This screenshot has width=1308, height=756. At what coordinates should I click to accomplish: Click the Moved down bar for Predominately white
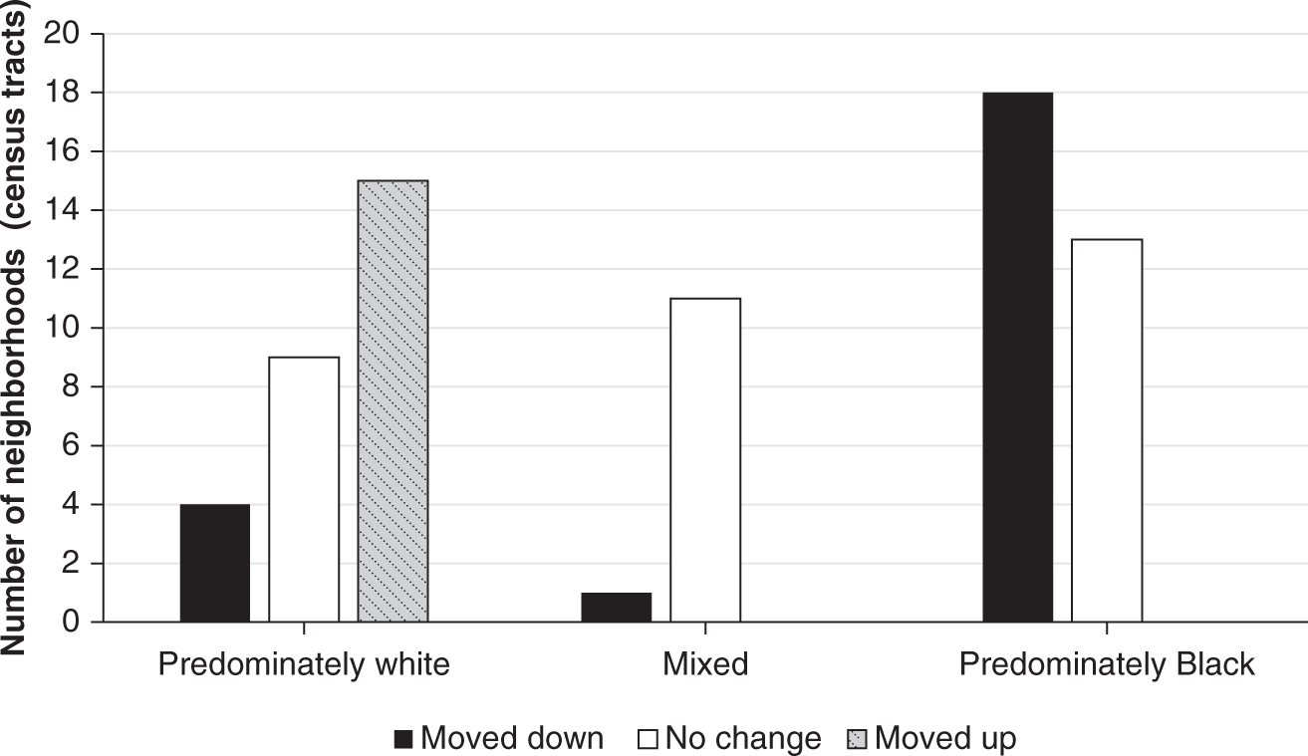(215, 564)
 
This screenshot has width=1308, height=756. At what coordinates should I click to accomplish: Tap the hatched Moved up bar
(392, 401)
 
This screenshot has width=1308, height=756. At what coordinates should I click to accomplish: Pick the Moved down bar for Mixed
(617, 608)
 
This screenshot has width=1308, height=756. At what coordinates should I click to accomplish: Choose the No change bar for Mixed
(705, 460)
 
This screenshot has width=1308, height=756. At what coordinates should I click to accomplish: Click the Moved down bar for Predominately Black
(1017, 358)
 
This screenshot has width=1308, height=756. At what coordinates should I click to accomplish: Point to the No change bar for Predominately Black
(1107, 431)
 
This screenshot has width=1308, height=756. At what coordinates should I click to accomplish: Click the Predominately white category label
(304, 664)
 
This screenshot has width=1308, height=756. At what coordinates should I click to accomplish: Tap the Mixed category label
(705, 664)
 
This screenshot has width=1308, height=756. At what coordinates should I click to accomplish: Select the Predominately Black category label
(1107, 664)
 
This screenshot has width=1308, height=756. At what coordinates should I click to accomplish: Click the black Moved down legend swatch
(403, 739)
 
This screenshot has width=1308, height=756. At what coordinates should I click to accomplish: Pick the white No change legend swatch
(648, 739)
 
